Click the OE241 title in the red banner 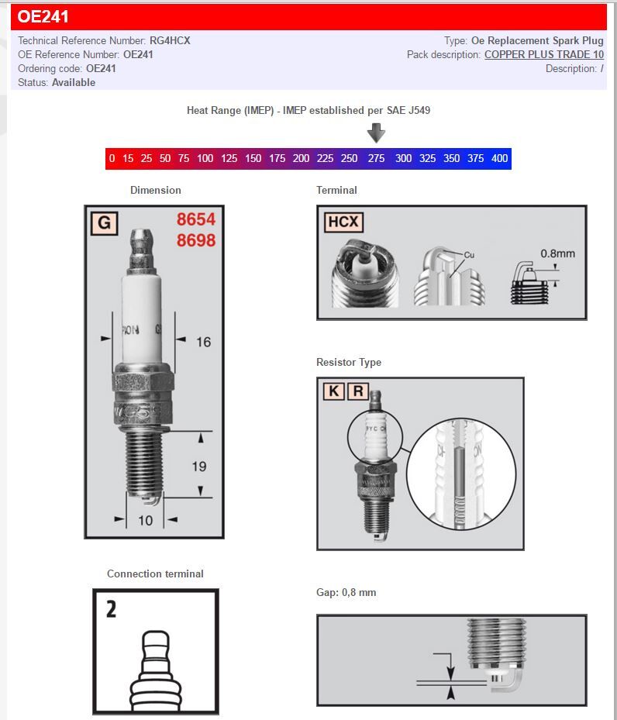pos(43,17)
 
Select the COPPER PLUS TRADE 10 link pos(543,55)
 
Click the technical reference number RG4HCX pos(171,41)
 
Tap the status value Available pos(74,83)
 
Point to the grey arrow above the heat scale pos(376,133)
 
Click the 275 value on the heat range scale pos(376,159)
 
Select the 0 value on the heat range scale pos(112,159)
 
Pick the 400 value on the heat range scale pos(499,159)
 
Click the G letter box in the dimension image pos(104,224)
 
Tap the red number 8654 pos(195,220)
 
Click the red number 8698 pos(195,240)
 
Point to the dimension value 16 pos(203,342)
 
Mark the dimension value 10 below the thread pos(145,521)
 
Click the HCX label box pos(343,222)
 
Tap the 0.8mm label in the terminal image pos(557,253)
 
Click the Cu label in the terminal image pos(469,255)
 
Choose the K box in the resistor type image pos(333,391)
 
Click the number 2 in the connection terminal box pos(112,609)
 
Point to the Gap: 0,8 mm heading pos(346,593)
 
